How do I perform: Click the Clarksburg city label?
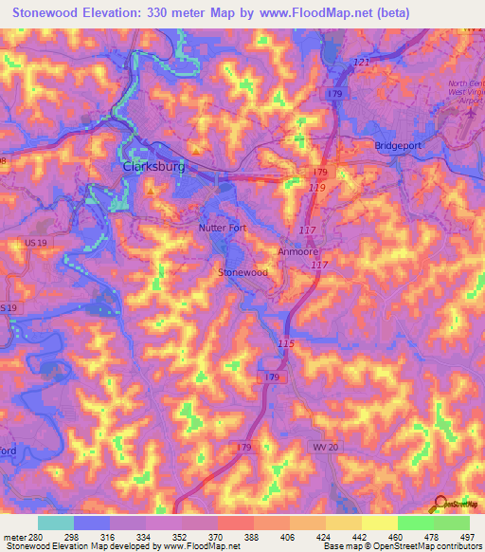click(x=153, y=167)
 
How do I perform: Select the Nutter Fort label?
click(x=222, y=228)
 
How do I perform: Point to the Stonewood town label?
click(x=243, y=272)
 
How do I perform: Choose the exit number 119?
click(x=315, y=189)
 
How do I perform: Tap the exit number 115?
click(x=287, y=342)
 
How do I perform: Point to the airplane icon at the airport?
click(x=471, y=112)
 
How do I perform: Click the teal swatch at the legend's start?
click(x=55, y=523)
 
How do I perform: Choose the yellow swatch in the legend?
click(x=379, y=523)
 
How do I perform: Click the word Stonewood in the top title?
click(x=45, y=14)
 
